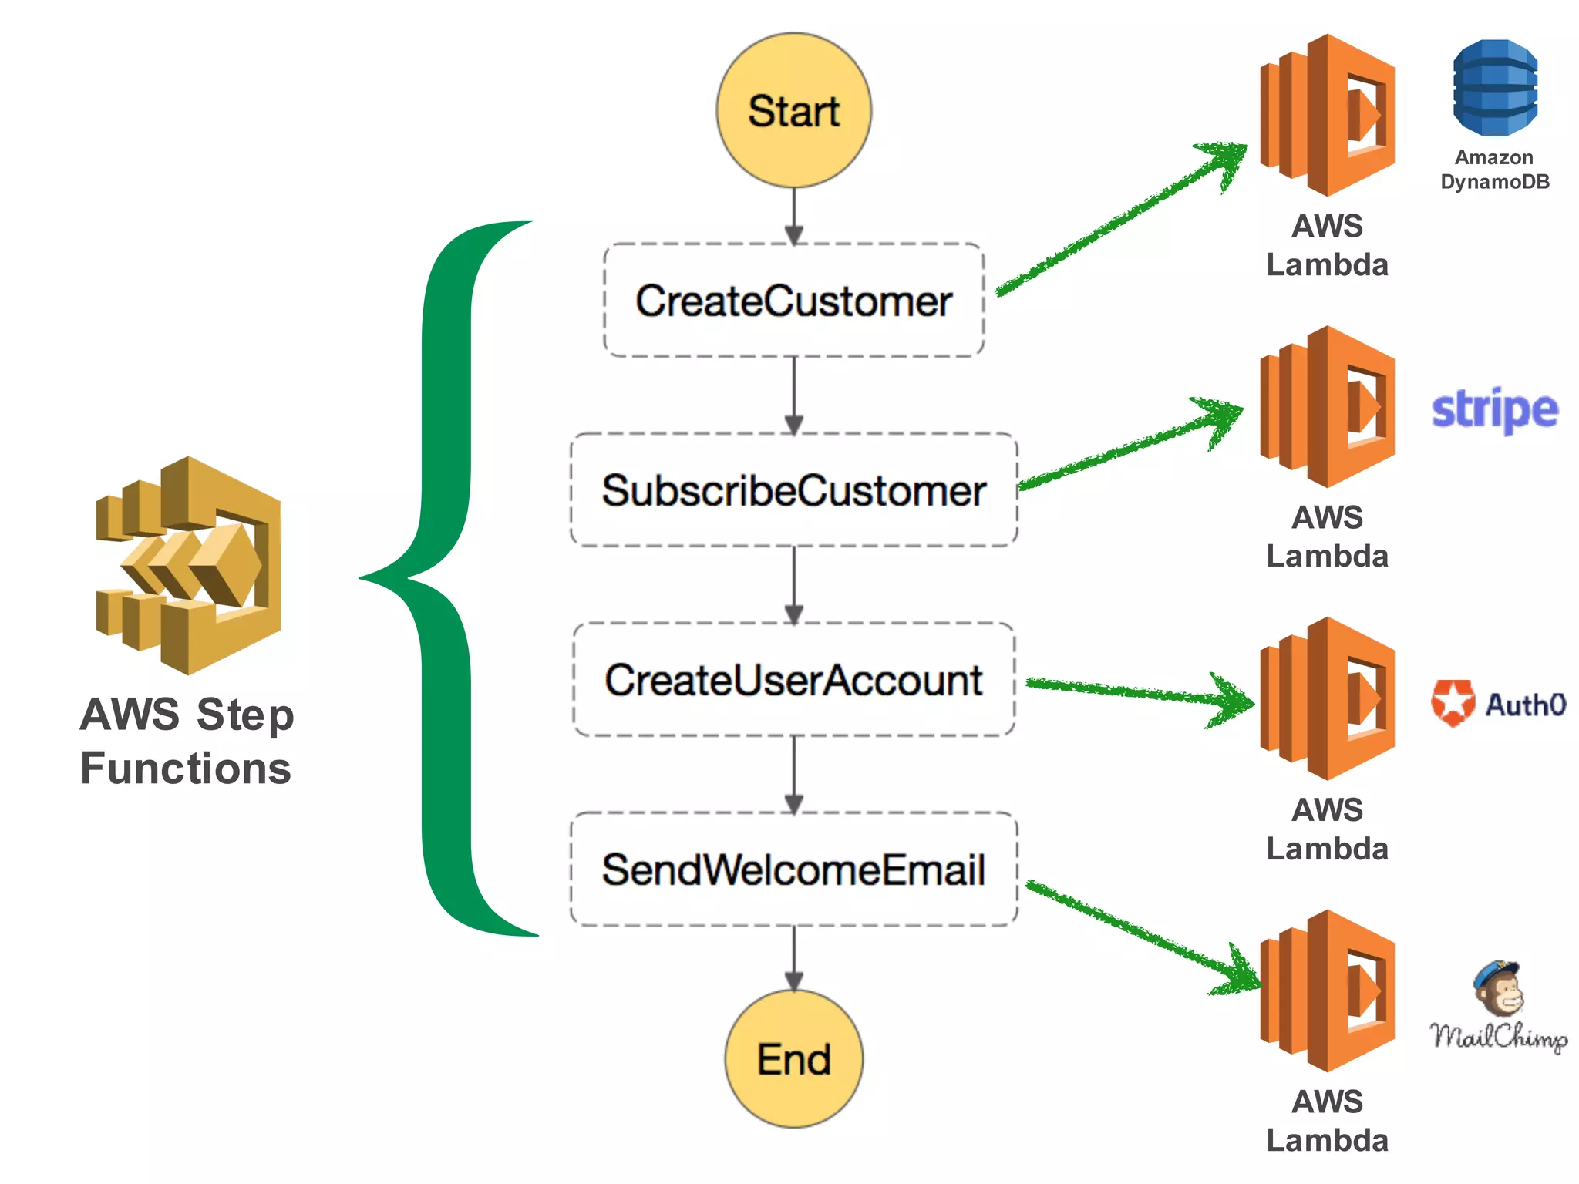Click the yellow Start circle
793,110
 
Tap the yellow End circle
793,1058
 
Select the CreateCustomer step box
793,300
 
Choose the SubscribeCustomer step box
793,489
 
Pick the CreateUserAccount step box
793,679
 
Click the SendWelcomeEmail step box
793,869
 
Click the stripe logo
1494,410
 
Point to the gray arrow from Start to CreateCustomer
793,216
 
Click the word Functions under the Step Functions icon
186,769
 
